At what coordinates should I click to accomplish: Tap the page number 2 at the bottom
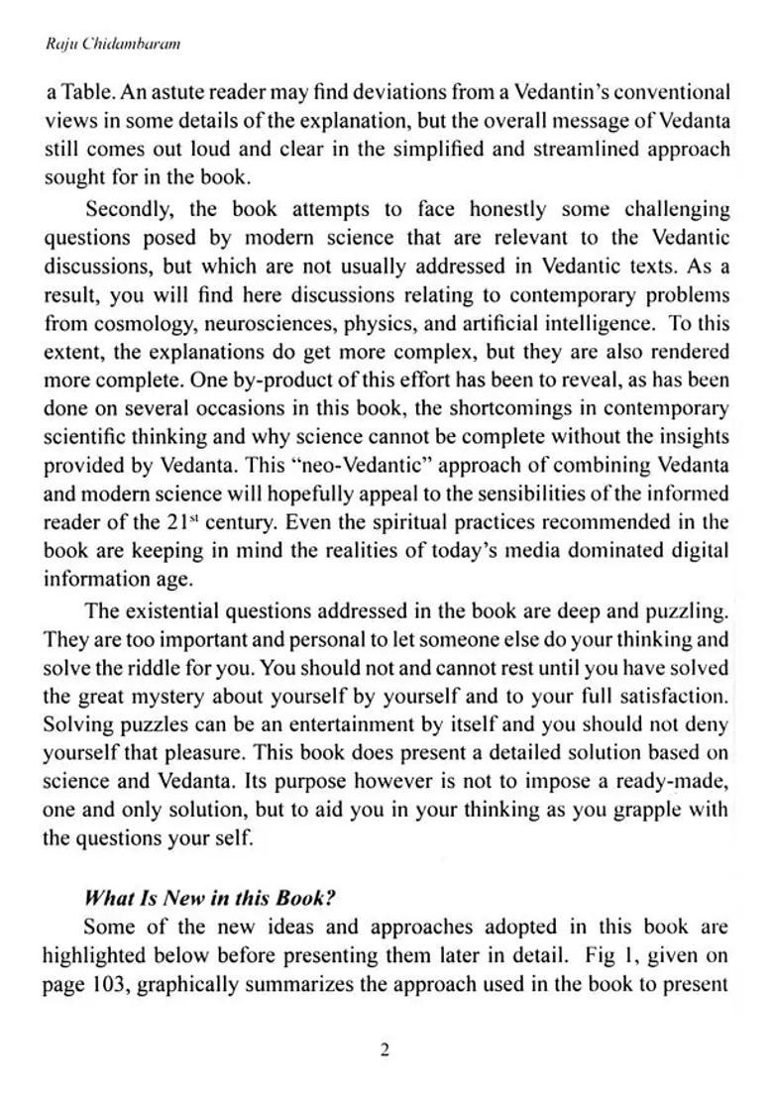click(386, 1050)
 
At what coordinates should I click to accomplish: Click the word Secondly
click(129, 209)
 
